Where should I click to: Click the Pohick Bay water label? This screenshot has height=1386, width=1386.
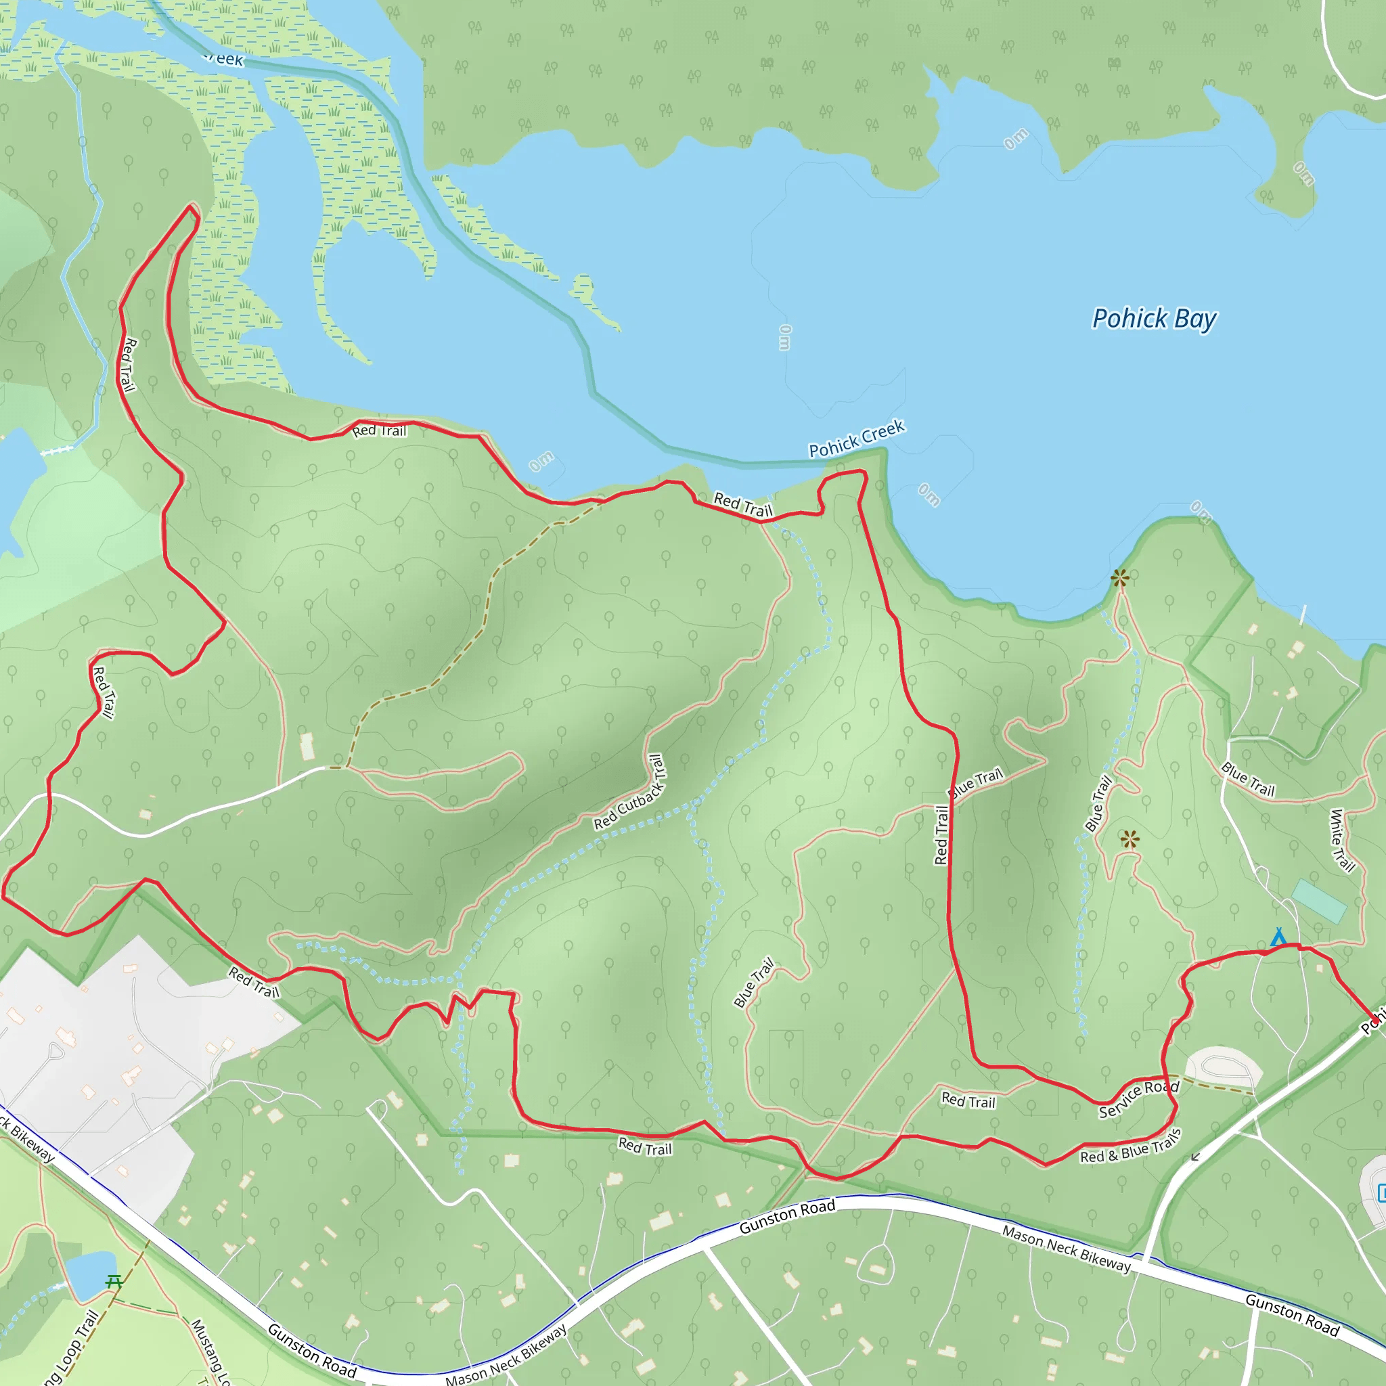pos(1154,319)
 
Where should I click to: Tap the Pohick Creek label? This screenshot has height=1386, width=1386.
pos(857,439)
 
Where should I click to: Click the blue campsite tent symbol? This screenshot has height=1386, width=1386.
pos(1278,937)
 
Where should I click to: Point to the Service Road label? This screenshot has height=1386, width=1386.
pos(1138,1098)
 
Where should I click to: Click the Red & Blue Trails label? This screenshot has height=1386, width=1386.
pos(1130,1146)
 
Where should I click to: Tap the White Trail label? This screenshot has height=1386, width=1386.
pos(1341,840)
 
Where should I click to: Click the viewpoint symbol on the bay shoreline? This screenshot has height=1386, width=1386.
pos(1120,577)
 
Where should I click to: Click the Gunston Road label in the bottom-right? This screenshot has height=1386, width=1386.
pos(1292,1315)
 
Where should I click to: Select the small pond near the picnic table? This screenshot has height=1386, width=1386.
pos(91,1275)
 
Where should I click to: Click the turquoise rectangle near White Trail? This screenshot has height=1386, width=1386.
pos(1318,901)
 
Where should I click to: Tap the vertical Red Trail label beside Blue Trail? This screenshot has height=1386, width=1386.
pos(942,835)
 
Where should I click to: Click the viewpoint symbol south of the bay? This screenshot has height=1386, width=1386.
pos(1130,839)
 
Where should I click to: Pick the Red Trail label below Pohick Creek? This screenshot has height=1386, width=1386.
pos(742,505)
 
